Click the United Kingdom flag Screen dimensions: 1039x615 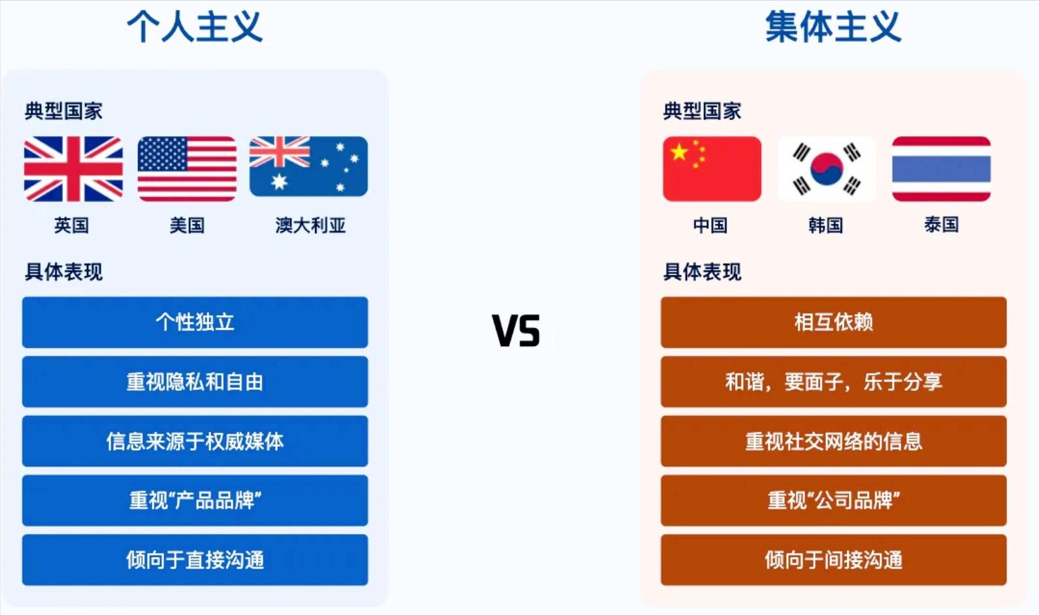tap(73, 169)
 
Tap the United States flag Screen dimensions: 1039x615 tap(187, 169)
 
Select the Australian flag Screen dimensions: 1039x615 tap(308, 166)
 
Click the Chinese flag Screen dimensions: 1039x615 tap(712, 169)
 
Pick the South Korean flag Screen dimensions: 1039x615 tap(827, 169)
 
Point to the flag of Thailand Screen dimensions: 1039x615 tap(941, 169)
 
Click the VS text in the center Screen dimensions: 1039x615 tap(516, 330)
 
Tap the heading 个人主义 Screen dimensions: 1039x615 tap(195, 27)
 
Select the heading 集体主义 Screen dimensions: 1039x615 tap(833, 27)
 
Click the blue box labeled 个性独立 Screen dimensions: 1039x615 tap(195, 323)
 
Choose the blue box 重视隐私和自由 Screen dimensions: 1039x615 tap(195, 382)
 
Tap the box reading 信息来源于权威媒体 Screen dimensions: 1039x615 tap(195, 441)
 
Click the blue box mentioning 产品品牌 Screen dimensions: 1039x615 tap(195, 501)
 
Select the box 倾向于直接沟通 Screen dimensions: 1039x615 tap(195, 560)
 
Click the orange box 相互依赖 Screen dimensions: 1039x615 tap(834, 323)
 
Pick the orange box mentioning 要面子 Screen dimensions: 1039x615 tap(834, 382)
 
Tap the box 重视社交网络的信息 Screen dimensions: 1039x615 tap(834, 441)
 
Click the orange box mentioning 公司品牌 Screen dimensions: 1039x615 tap(834, 501)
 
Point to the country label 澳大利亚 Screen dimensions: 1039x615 tap(310, 225)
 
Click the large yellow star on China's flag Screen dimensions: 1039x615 tap(679, 151)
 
